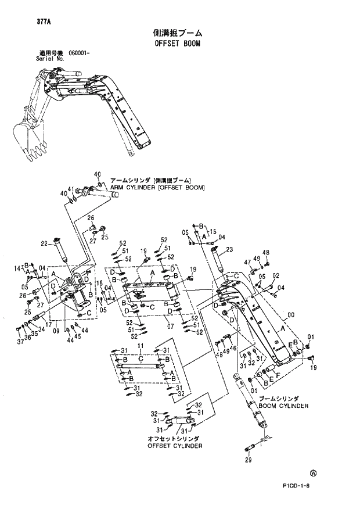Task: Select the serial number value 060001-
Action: tap(80, 53)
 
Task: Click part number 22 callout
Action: tap(44, 243)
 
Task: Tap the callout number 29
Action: tap(248, 460)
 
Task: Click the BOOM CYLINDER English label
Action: tap(283, 406)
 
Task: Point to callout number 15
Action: tap(213, 231)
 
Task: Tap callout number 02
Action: tap(276, 276)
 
